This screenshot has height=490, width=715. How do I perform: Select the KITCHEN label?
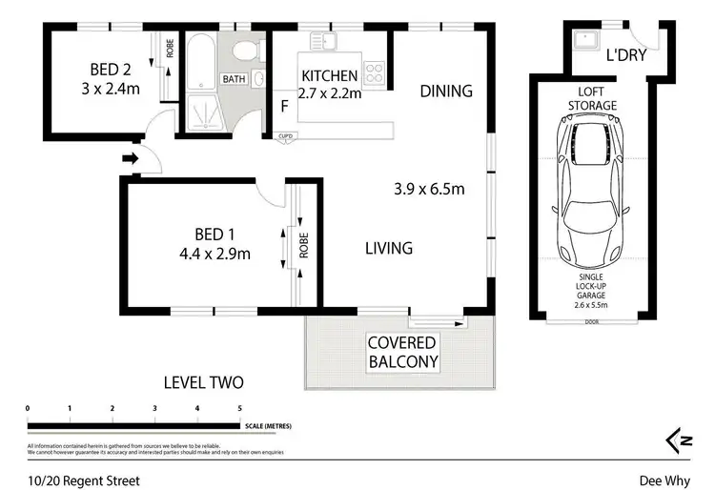[x=330, y=75]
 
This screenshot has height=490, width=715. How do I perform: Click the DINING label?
[x=447, y=92]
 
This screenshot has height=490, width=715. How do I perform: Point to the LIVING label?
[x=389, y=249]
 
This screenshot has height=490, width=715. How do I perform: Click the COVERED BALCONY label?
[x=402, y=352]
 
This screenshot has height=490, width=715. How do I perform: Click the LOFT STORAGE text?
[x=592, y=98]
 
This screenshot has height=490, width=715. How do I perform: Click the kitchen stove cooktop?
[x=375, y=69]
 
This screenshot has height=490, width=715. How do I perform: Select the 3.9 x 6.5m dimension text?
[x=430, y=189]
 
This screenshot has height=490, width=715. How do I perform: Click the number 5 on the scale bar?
[x=240, y=408]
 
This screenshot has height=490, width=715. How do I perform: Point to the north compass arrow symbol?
[x=679, y=439]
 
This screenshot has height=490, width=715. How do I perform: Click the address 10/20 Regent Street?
[x=84, y=481]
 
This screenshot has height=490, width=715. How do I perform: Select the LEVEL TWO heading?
[x=203, y=383]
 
